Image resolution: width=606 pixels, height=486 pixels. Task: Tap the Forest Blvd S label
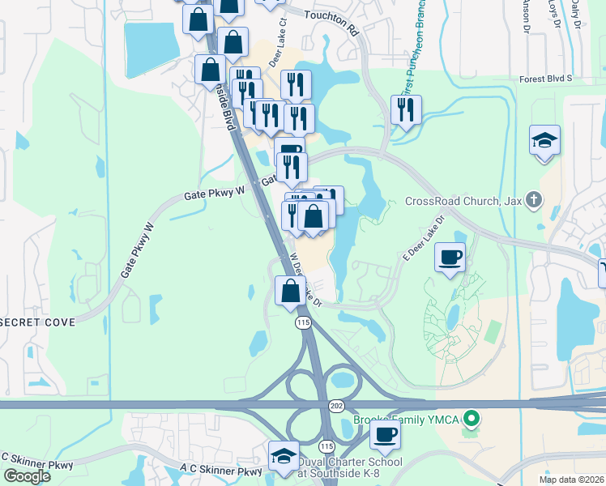point(546,79)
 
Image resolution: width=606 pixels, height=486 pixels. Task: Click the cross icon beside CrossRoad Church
point(533,199)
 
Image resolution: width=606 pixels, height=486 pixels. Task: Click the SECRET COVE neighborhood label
point(38,322)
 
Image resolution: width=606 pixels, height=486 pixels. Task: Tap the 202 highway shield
point(336,404)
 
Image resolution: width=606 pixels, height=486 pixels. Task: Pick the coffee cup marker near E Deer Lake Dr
point(450,258)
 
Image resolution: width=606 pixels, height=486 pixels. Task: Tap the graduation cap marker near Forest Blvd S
point(545,140)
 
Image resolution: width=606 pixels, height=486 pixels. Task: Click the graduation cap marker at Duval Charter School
point(284,455)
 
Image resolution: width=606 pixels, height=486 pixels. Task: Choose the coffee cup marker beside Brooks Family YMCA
point(385,433)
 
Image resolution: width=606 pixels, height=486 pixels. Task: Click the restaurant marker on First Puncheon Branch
point(406,109)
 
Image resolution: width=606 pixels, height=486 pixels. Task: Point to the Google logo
point(27,476)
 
